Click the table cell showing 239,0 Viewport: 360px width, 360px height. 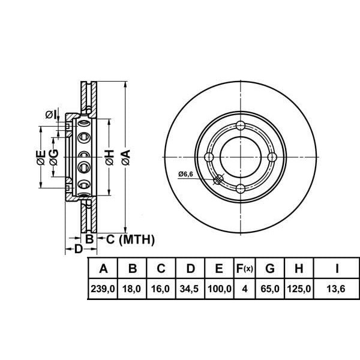pyautogui.click(x=103, y=289)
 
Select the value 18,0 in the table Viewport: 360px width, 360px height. pyautogui.click(x=131, y=289)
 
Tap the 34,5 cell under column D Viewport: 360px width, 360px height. pyautogui.click(x=189, y=289)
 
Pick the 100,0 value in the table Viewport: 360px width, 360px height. pyautogui.click(x=219, y=289)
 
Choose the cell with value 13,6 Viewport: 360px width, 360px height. pyautogui.click(x=336, y=289)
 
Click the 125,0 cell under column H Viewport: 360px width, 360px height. pyautogui.click(x=299, y=289)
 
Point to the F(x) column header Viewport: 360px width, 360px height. pyautogui.click(x=245, y=268)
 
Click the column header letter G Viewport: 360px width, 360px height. pyautogui.click(x=270, y=268)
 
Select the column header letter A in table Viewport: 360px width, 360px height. pyautogui.click(x=103, y=268)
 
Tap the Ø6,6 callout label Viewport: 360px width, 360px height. pyautogui.click(x=186, y=174)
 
